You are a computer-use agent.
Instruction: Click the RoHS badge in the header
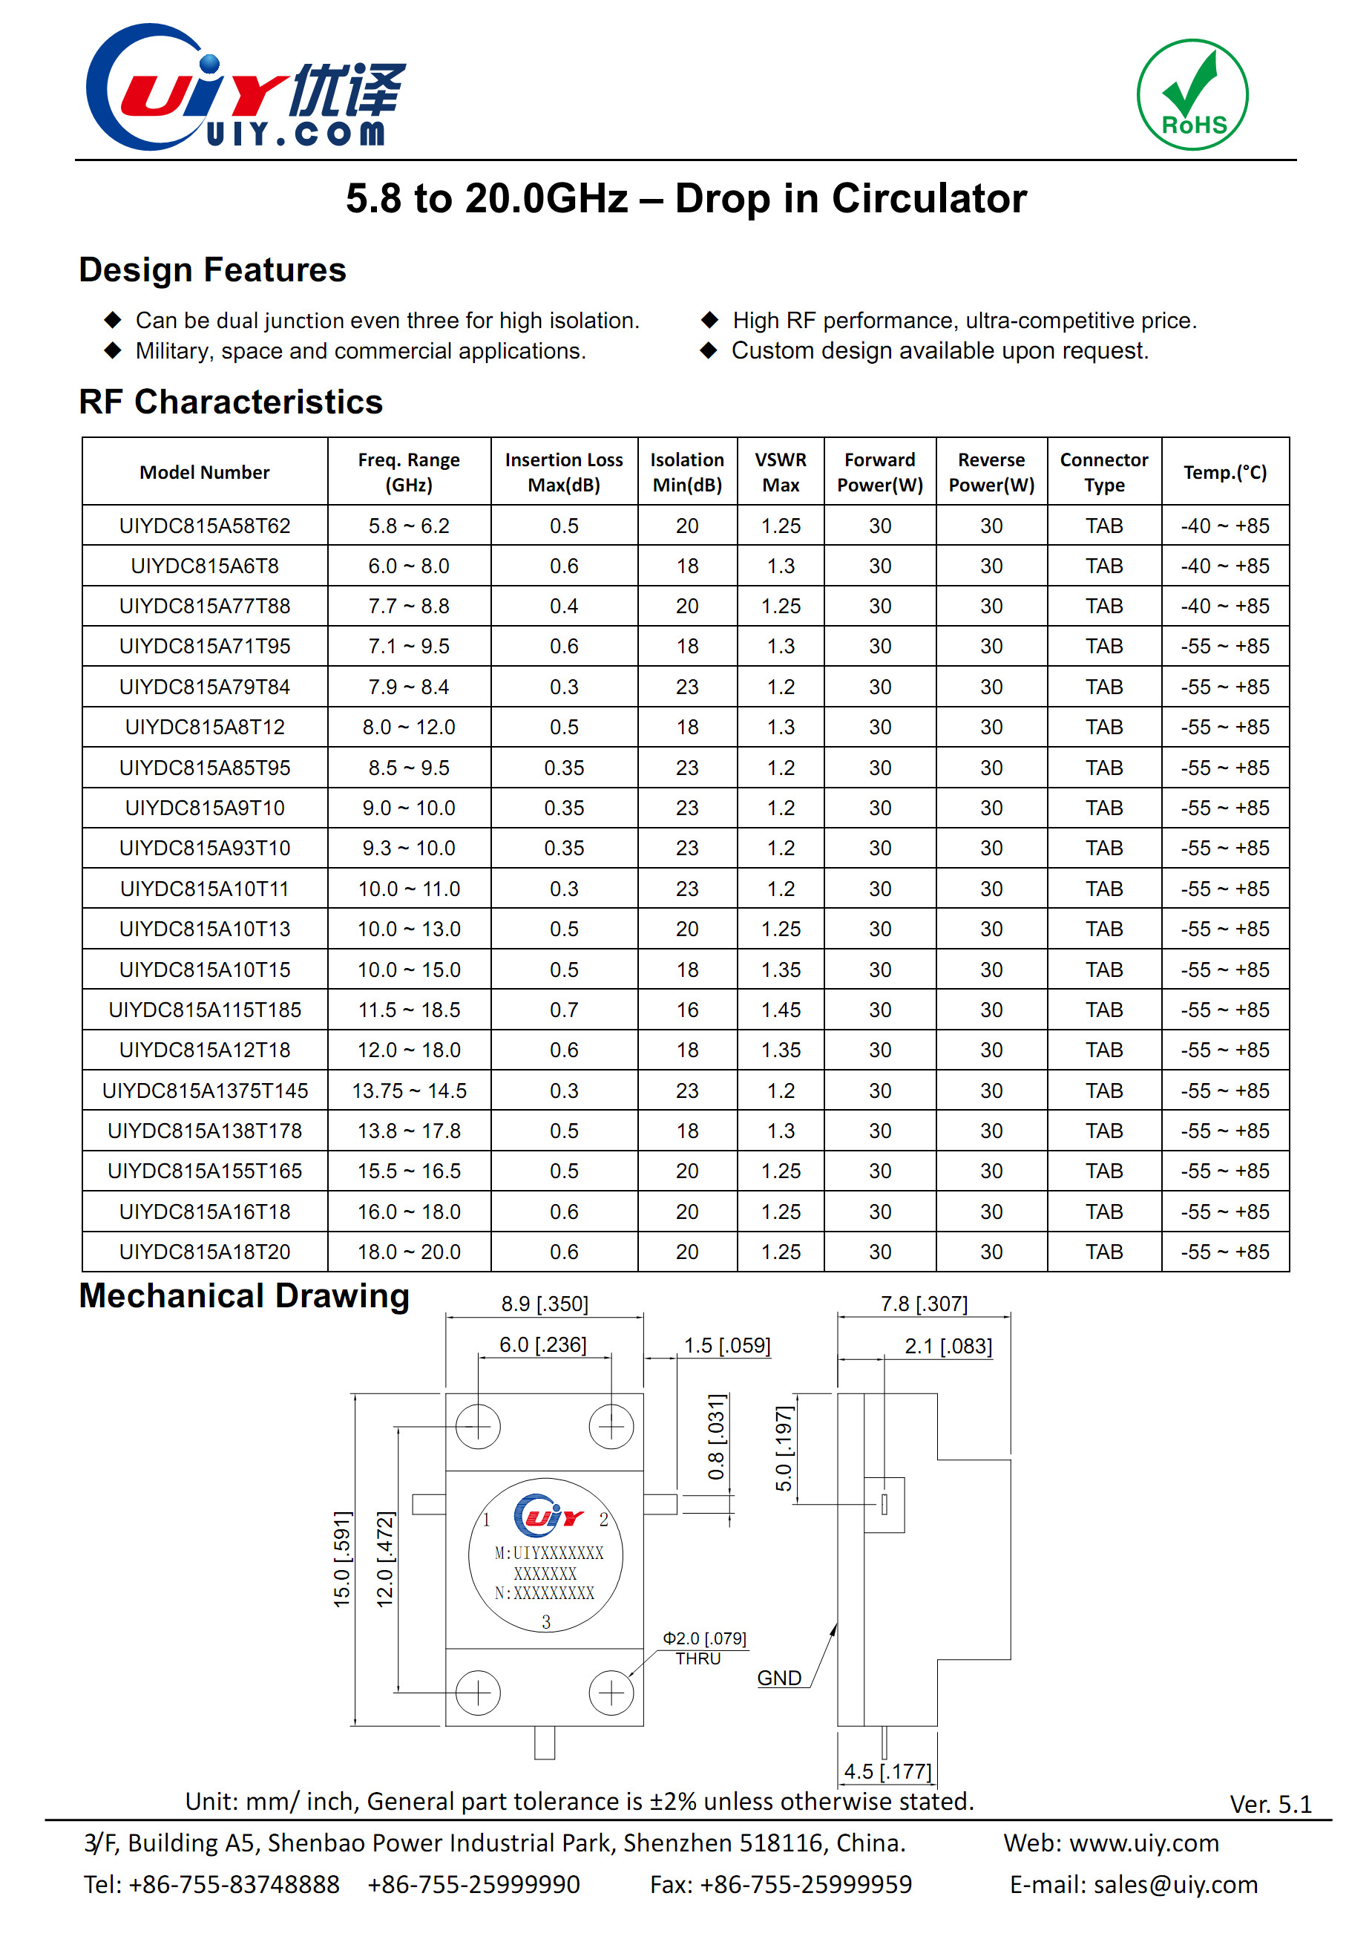point(1192,95)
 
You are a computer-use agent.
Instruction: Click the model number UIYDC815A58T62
point(205,526)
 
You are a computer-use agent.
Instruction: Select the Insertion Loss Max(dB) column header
point(564,472)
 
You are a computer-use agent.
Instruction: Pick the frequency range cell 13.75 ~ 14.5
point(409,1091)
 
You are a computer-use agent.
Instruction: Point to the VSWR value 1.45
point(781,1010)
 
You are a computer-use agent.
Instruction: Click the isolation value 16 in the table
point(687,1010)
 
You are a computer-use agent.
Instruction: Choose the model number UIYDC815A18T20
point(205,1252)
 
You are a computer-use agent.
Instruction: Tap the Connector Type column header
point(1104,472)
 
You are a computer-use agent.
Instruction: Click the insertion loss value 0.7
point(564,1010)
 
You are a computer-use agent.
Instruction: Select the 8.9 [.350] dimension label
point(545,1304)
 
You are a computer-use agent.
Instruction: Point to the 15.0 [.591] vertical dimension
point(341,1559)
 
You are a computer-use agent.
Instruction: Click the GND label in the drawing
point(778,1678)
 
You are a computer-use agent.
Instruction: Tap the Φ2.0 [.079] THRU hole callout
point(703,1647)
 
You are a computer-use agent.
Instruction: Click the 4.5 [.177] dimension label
point(887,1771)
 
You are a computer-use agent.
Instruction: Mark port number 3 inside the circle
point(546,1621)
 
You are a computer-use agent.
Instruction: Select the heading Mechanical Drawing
point(244,1296)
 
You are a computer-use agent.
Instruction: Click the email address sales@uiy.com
point(1175,1885)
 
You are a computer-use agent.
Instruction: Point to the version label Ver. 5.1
point(1270,1804)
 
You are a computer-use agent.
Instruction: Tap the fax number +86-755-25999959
point(806,1885)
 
